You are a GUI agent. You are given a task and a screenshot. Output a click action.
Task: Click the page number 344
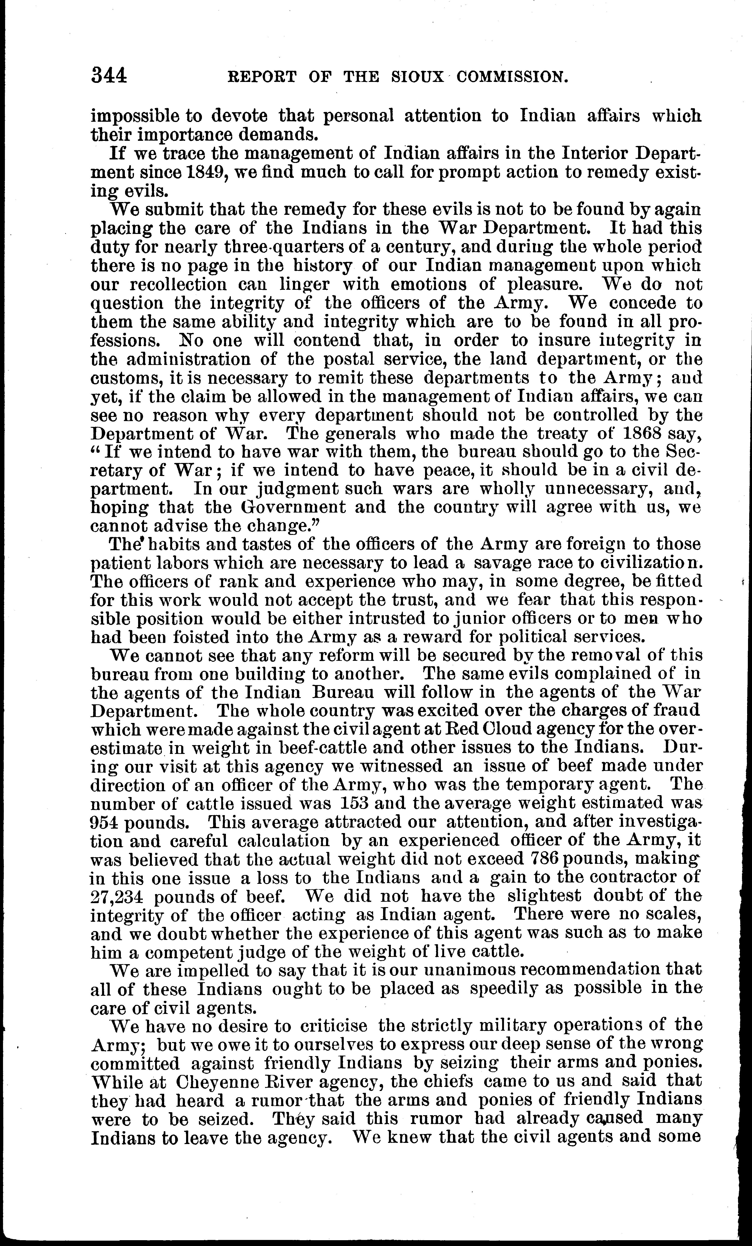(109, 76)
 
